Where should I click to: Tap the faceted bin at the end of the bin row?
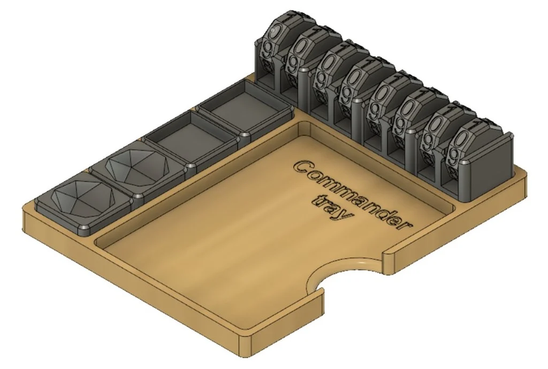pos(83,199)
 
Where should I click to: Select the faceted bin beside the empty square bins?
pos(138,166)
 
